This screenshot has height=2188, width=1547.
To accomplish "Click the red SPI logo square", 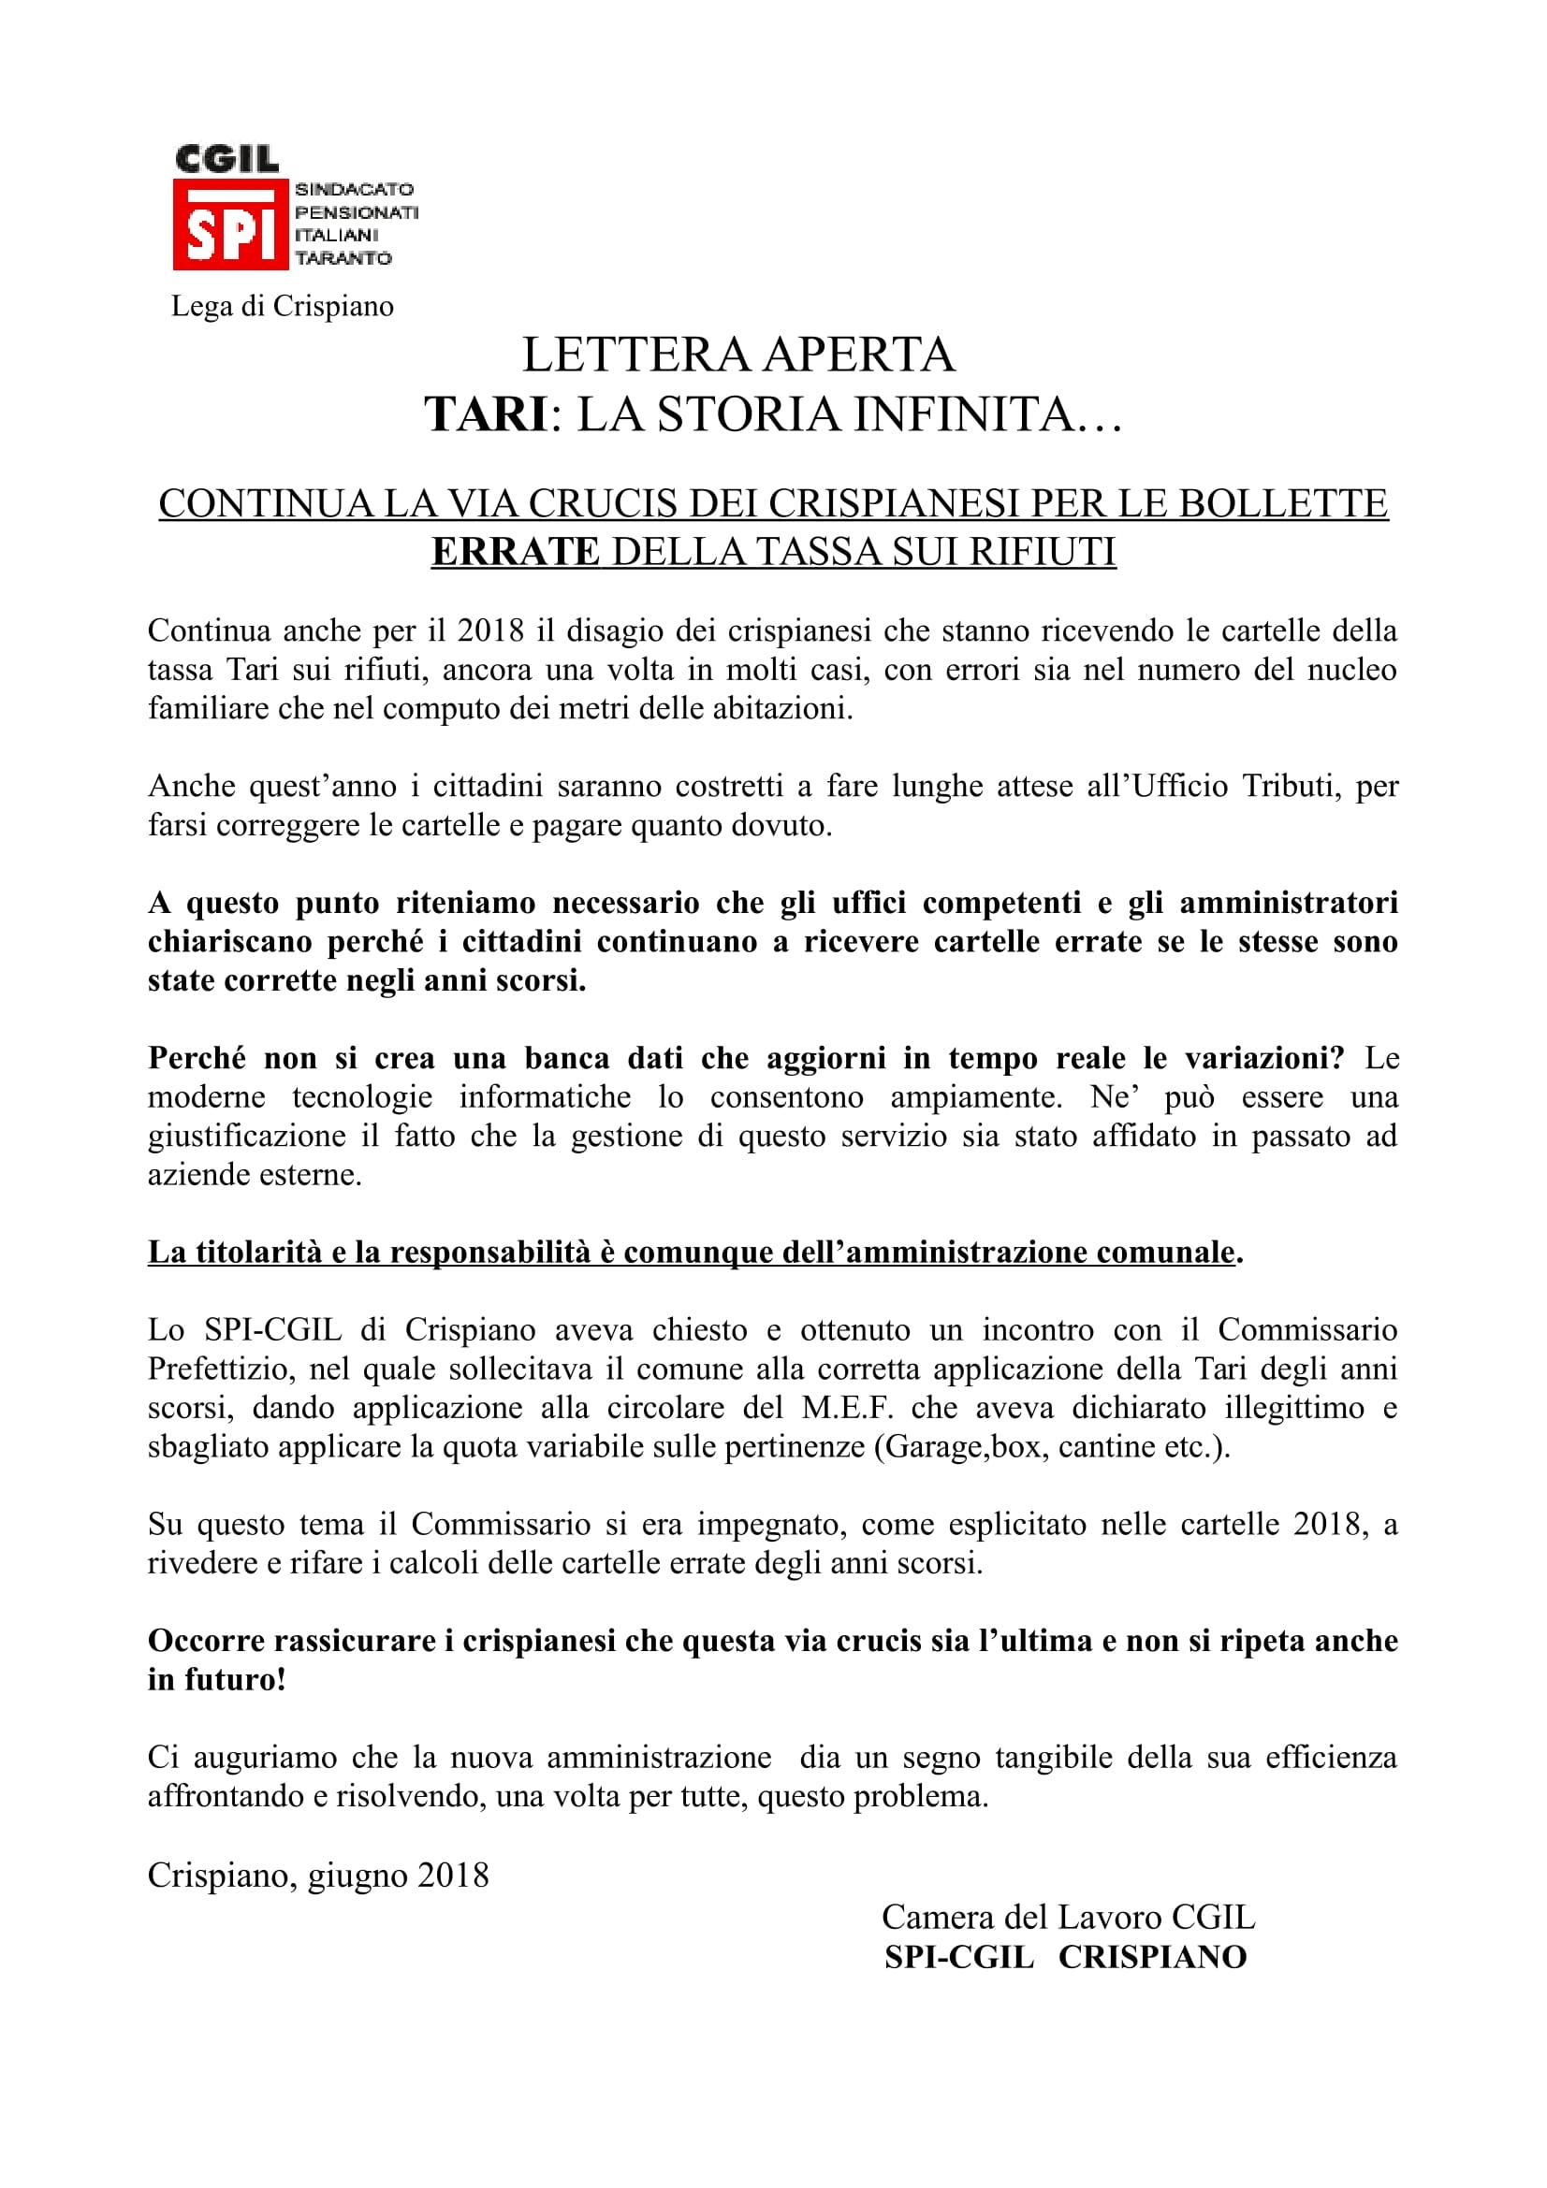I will tap(229, 226).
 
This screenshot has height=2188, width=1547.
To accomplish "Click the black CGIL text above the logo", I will tap(226, 159).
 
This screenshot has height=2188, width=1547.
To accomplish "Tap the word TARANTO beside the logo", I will tap(343, 258).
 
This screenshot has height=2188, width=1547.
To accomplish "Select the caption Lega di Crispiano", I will tap(282, 306).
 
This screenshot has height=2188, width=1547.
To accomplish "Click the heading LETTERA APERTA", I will tap(737, 355).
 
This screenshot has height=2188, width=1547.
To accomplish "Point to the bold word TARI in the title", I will tap(485, 414).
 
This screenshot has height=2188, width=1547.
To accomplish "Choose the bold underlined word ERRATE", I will tap(515, 552).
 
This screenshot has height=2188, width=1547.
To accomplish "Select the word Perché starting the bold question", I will tap(197, 1058).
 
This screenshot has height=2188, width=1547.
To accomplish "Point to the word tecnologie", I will tap(362, 1097).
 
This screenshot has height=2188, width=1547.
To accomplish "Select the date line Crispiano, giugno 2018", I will tap(318, 1875).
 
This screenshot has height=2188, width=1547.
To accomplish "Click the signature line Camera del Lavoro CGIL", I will tap(1069, 1917).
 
